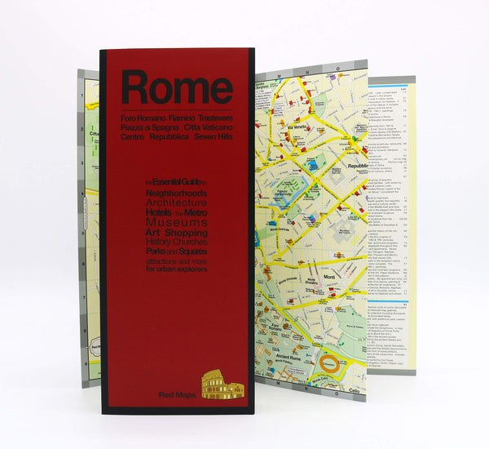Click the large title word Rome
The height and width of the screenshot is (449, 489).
(x=177, y=88)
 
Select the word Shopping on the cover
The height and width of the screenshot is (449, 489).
(x=186, y=233)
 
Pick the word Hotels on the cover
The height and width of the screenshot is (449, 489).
(x=159, y=212)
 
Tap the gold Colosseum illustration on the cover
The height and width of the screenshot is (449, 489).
(x=222, y=385)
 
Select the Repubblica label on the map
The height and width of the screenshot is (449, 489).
(x=358, y=166)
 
